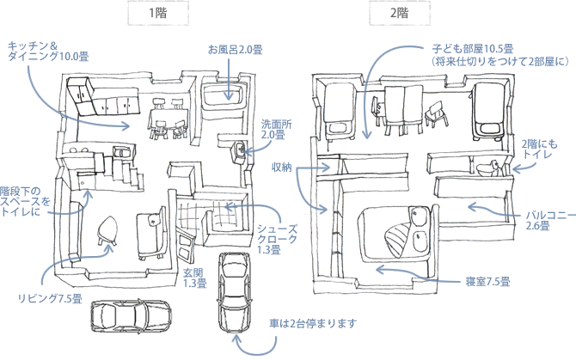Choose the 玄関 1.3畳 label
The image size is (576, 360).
(193, 277)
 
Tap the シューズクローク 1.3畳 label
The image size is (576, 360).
(278, 239)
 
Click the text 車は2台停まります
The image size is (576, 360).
(311, 324)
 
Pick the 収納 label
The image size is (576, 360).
(282, 166)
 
